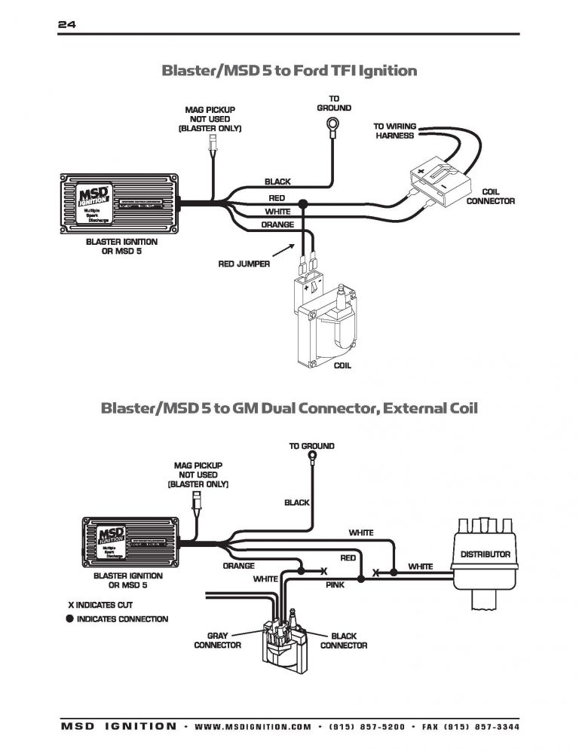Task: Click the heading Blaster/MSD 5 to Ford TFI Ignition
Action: click(x=289, y=71)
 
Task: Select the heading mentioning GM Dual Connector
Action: click(x=289, y=408)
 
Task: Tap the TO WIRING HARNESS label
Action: click(x=394, y=131)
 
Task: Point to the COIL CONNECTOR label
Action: click(x=490, y=197)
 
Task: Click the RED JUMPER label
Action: click(x=244, y=264)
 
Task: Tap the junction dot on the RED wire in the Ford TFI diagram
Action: click(x=303, y=203)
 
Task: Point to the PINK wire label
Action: click(x=335, y=584)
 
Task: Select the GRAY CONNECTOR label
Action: click(x=217, y=640)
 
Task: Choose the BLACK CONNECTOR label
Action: click(x=343, y=640)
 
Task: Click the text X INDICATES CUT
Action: click(x=104, y=604)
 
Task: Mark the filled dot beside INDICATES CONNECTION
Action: click(x=69, y=619)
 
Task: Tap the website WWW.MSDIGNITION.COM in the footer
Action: click(x=253, y=727)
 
